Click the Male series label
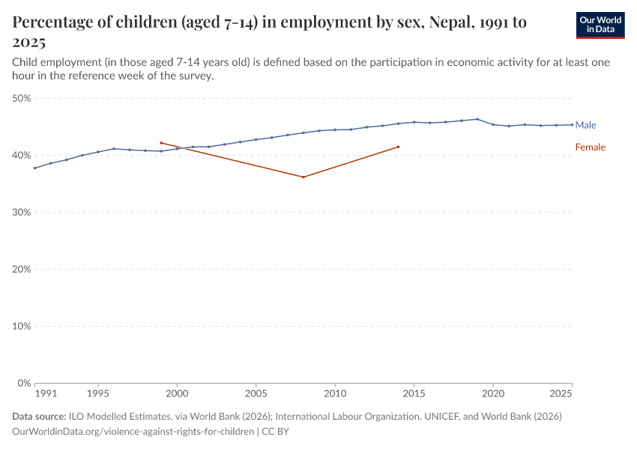(585, 125)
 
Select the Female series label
(590, 147)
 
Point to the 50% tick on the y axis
(21, 98)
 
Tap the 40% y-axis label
(21, 155)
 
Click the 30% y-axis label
(21, 212)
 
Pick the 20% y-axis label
(21, 269)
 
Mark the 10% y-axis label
(21, 326)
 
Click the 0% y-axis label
(23, 383)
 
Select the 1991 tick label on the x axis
(46, 393)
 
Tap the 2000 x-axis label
(177, 393)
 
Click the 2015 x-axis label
(414, 393)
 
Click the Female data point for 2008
(304, 177)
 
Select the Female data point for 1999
(161, 142)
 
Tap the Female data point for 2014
(398, 147)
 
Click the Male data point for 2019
(477, 119)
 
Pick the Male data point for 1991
(35, 168)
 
